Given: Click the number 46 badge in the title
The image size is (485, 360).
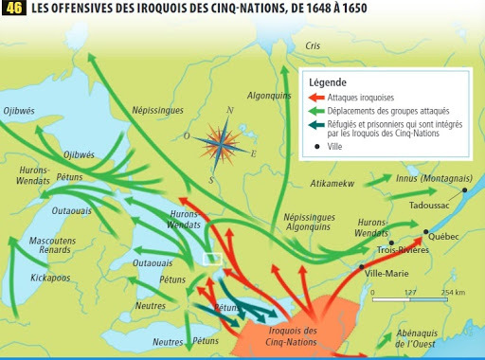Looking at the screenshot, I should coord(13,9).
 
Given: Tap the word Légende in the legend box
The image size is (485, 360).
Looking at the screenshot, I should coord(327,82).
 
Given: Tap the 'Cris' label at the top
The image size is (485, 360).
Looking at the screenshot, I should coord(314,45).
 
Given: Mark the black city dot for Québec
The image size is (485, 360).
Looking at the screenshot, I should coord(427,231).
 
